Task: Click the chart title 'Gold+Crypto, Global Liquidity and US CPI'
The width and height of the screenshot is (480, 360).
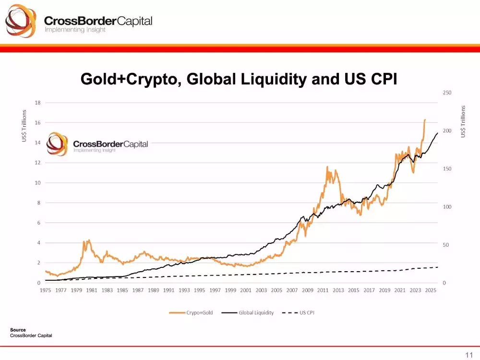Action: click(239, 79)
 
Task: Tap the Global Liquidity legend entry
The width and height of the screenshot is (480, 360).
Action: click(256, 312)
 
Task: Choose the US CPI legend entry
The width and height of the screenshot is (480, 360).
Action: click(307, 312)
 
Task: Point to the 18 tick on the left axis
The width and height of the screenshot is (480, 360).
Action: click(37, 102)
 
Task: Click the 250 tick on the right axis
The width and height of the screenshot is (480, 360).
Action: click(446, 93)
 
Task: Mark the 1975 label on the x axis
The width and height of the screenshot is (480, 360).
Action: click(46, 290)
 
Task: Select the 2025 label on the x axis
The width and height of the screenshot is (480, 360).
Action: click(431, 290)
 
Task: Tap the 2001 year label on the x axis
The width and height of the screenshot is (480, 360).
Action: click(246, 290)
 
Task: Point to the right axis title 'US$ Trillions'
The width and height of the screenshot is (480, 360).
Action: click(463, 121)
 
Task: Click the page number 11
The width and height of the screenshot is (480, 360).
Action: click(469, 354)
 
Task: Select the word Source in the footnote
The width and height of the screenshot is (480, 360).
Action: click(18, 330)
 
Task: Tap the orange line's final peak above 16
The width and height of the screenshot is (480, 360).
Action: click(425, 120)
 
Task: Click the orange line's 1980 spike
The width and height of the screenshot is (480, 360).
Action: click(88, 240)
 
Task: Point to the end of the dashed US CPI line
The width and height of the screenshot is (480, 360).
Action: click(438, 267)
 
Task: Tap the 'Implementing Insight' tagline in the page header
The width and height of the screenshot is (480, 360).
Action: click(74, 30)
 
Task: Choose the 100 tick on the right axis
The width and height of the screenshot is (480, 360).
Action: click(446, 207)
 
